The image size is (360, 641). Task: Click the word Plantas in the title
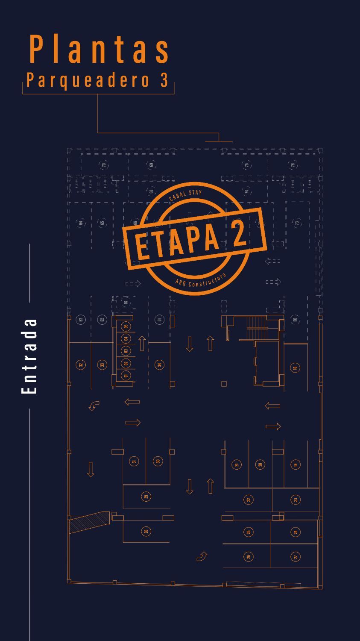point(100,50)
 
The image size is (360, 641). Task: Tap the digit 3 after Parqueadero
point(164,80)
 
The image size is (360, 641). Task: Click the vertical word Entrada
point(29,356)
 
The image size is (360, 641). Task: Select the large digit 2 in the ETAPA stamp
point(239,233)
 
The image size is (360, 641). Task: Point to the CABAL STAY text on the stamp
point(185,195)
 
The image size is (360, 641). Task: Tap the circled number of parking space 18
point(295,368)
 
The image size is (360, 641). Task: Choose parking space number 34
point(159,365)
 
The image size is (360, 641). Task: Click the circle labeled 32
point(81,365)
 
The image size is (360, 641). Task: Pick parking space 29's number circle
point(146,497)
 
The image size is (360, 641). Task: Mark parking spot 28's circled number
point(146,531)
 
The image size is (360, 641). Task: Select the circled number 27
point(296,556)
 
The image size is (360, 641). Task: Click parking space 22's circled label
point(249,499)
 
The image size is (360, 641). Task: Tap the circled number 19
point(296,465)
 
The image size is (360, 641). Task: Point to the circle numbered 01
point(126,376)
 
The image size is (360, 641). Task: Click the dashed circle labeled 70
point(103,165)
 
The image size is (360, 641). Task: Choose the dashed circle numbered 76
point(293,165)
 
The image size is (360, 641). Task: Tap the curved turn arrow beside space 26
point(202,556)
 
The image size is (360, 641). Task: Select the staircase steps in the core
point(257,323)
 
